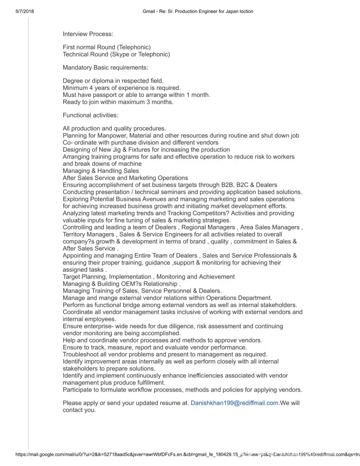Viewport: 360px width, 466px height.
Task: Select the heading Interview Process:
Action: [x=88, y=34]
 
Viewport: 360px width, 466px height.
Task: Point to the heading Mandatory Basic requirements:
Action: [x=105, y=68]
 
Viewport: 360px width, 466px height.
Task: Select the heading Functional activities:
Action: [x=90, y=115]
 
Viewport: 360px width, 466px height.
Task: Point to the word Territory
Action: [x=76, y=234]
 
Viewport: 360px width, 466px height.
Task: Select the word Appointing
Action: [x=79, y=255]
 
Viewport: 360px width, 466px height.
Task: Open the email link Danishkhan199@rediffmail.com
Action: [x=234, y=403]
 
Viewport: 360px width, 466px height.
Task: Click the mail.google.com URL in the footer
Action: [x=140, y=453]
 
